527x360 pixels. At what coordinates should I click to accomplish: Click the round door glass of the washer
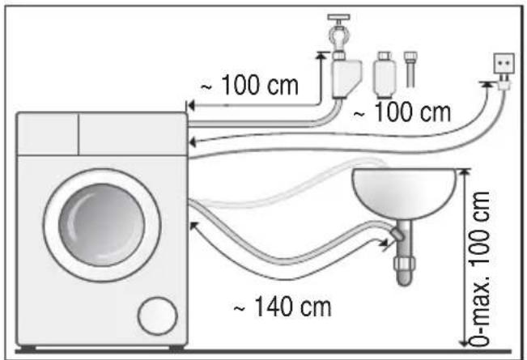tap(101, 225)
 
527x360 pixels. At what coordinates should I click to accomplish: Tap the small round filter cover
tap(157, 316)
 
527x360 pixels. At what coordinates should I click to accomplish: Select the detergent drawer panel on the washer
tap(48, 134)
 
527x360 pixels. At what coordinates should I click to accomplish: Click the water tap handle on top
tap(338, 17)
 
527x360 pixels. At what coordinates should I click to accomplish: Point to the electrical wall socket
tap(504, 63)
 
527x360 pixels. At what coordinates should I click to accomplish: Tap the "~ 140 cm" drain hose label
tap(283, 307)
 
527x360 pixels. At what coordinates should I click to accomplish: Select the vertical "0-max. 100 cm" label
tap(481, 269)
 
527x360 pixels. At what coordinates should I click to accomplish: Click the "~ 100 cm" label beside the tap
tap(249, 85)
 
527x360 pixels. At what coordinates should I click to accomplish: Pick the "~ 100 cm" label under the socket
tap(402, 112)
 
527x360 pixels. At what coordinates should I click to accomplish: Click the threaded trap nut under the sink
tap(405, 265)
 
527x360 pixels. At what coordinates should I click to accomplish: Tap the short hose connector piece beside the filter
tap(410, 69)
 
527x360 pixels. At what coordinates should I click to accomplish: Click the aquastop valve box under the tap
tap(346, 78)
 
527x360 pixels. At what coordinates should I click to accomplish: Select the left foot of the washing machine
tap(28, 348)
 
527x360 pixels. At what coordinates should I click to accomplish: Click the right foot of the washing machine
tap(176, 348)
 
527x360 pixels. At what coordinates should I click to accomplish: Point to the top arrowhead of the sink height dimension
tap(465, 172)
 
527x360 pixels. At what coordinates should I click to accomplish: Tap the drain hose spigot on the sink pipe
tap(397, 235)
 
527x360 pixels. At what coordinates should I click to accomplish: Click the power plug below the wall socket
tap(504, 83)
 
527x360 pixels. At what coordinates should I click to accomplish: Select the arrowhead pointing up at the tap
tap(321, 55)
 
